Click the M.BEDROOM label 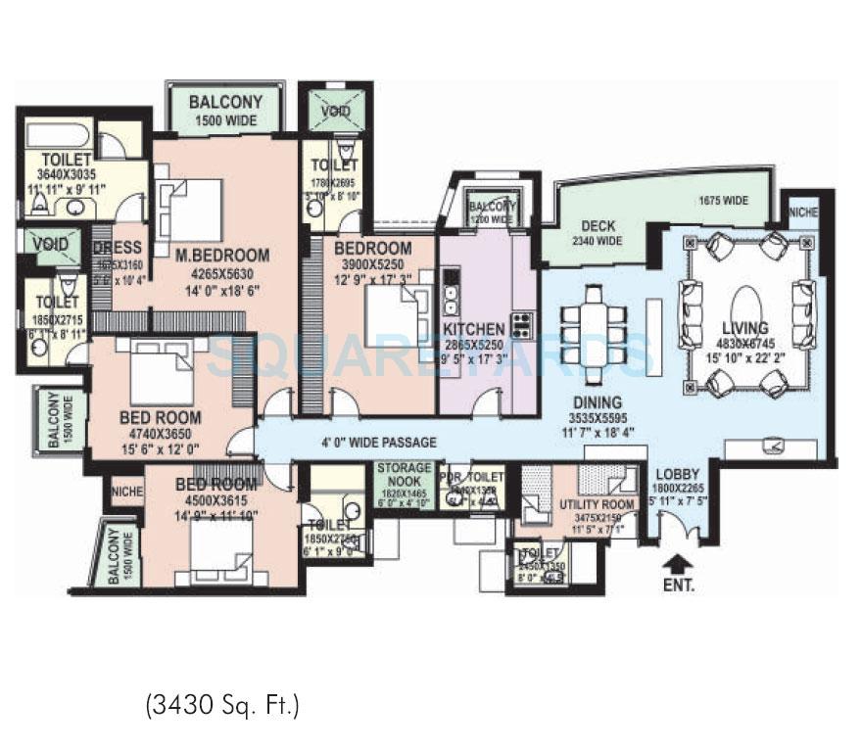222,256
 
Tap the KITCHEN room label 474,329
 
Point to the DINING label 598,401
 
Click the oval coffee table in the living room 748,301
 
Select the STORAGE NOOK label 405,474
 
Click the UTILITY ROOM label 598,504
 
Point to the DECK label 598,225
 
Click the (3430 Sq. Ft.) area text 222,703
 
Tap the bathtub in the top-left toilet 57,134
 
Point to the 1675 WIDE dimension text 723,201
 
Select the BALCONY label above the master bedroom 225,102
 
